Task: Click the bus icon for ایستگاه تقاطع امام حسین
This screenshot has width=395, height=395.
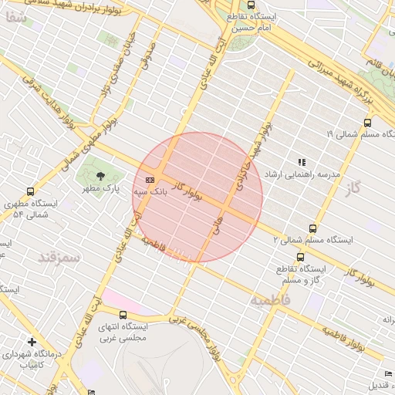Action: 252,5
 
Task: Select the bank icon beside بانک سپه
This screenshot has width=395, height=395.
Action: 150,180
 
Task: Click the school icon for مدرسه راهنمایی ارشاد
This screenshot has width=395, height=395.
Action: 302,162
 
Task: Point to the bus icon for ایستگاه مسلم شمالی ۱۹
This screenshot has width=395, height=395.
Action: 366,122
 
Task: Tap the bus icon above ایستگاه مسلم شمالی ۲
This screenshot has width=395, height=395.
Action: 312,228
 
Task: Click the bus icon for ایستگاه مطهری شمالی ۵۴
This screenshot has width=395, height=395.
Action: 31,191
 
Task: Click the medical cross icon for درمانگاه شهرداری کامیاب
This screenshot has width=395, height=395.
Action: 32,341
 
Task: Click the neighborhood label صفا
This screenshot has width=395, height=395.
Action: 20,22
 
